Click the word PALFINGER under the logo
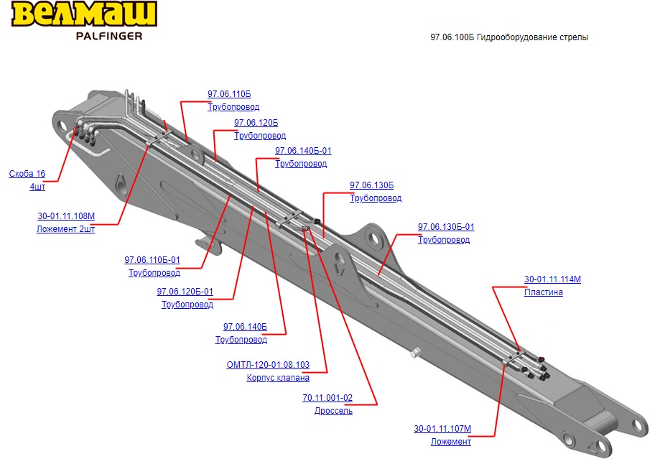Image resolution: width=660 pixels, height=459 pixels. (x=108, y=36)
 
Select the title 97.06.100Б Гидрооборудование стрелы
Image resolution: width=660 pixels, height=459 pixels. (x=508, y=37)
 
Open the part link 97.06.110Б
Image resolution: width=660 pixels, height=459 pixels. (x=229, y=94)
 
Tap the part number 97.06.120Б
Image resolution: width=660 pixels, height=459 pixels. (x=256, y=123)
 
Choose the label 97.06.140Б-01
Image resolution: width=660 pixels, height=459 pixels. (x=303, y=151)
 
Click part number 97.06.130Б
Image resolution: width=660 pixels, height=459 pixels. (x=371, y=185)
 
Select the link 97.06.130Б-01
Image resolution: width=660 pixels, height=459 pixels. (x=446, y=227)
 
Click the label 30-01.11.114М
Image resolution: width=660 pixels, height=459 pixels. (x=552, y=279)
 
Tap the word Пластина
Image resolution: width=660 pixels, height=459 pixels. (x=543, y=292)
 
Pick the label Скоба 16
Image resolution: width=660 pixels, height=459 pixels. (x=27, y=174)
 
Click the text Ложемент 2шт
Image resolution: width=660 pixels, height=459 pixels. (x=65, y=230)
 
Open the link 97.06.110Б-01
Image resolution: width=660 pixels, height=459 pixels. (x=152, y=260)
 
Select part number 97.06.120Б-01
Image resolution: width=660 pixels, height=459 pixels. (x=185, y=292)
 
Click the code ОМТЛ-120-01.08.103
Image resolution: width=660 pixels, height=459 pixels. (x=268, y=365)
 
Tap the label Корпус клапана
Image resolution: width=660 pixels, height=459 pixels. (x=278, y=378)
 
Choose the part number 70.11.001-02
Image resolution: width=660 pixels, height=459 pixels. (x=327, y=398)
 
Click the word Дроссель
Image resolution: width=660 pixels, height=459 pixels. (x=333, y=411)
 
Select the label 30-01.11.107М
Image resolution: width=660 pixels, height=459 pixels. (x=442, y=429)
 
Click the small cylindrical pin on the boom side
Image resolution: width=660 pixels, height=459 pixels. (x=415, y=352)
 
